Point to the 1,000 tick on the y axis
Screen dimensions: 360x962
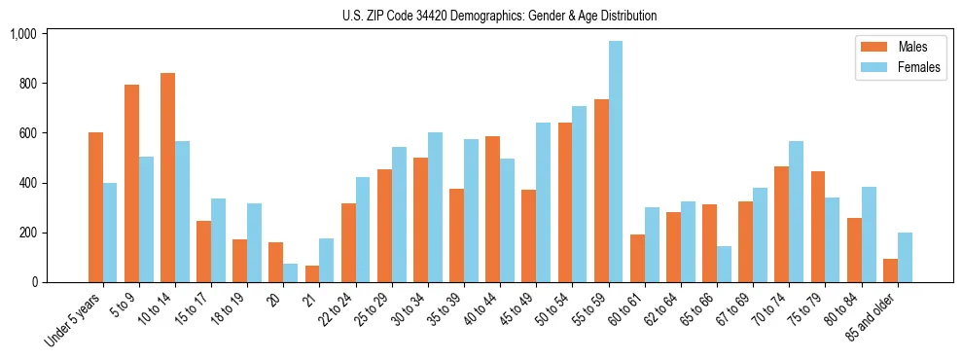point(22,34)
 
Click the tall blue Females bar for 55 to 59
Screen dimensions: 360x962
point(616,162)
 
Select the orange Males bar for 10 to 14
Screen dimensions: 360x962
point(167,178)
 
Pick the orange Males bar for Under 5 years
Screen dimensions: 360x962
point(95,207)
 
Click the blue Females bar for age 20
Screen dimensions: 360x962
point(290,273)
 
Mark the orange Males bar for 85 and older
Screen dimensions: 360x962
point(890,270)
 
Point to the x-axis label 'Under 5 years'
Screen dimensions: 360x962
point(73,320)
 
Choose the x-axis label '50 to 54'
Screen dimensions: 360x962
point(554,309)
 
